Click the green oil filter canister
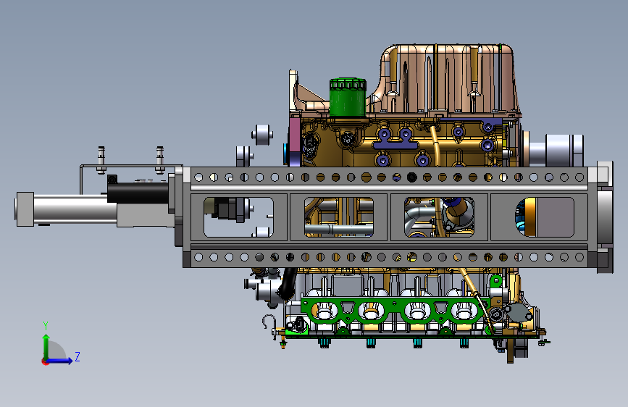(348, 97)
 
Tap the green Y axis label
(46, 326)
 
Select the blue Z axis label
(78, 356)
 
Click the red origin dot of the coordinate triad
(45, 361)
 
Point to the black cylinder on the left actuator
(138, 193)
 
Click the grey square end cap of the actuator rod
(25, 209)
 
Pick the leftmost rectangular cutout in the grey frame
(239, 217)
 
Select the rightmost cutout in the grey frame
(545, 217)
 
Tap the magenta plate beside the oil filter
(294, 140)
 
